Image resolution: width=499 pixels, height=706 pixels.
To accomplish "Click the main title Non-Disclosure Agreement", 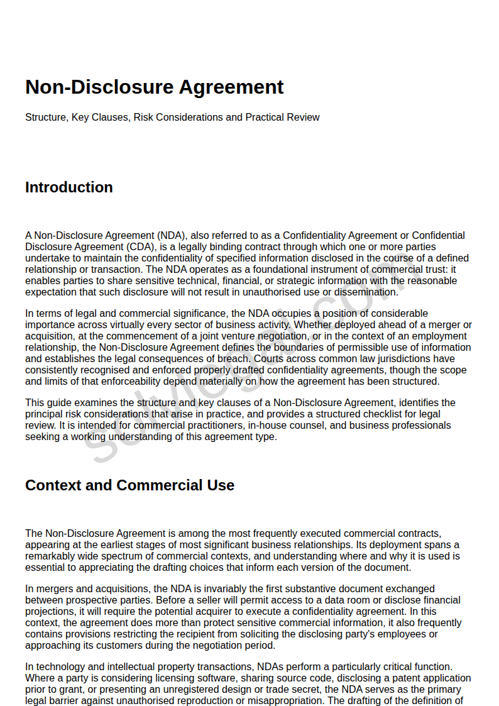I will pyautogui.click(x=154, y=87).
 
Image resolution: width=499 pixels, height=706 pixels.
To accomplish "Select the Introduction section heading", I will pyautogui.click(x=69, y=187).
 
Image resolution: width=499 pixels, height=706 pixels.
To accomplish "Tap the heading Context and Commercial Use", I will pyautogui.click(x=129, y=485).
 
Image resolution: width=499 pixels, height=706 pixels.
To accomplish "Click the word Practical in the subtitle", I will pyautogui.click(x=265, y=118).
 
